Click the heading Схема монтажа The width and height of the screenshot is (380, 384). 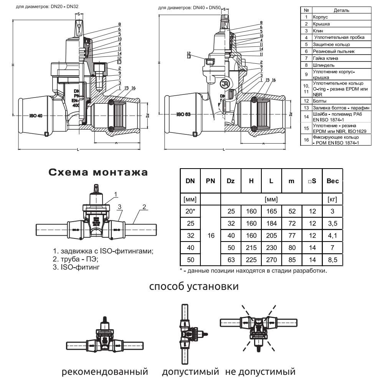[x=97, y=172]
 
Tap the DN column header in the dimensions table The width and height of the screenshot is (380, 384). [x=190, y=180]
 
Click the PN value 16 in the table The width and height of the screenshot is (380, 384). [x=211, y=235]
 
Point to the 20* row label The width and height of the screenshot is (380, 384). [x=190, y=211]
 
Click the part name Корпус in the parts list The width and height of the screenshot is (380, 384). [x=320, y=17]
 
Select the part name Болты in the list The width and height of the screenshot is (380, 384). [x=320, y=100]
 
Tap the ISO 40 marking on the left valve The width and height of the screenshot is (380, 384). [x=36, y=116]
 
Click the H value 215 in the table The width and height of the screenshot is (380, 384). [x=251, y=248]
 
